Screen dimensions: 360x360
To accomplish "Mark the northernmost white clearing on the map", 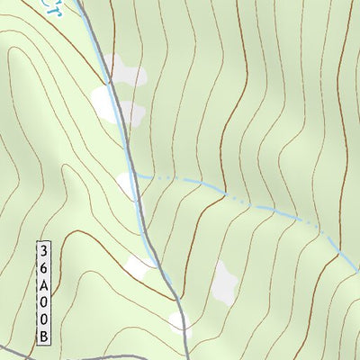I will (x=121, y=67).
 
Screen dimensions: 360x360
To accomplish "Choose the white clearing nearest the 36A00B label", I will (x=139, y=265).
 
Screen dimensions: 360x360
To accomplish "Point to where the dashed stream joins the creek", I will (x=137, y=175).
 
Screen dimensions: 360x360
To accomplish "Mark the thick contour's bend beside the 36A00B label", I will (x=67, y=236).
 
